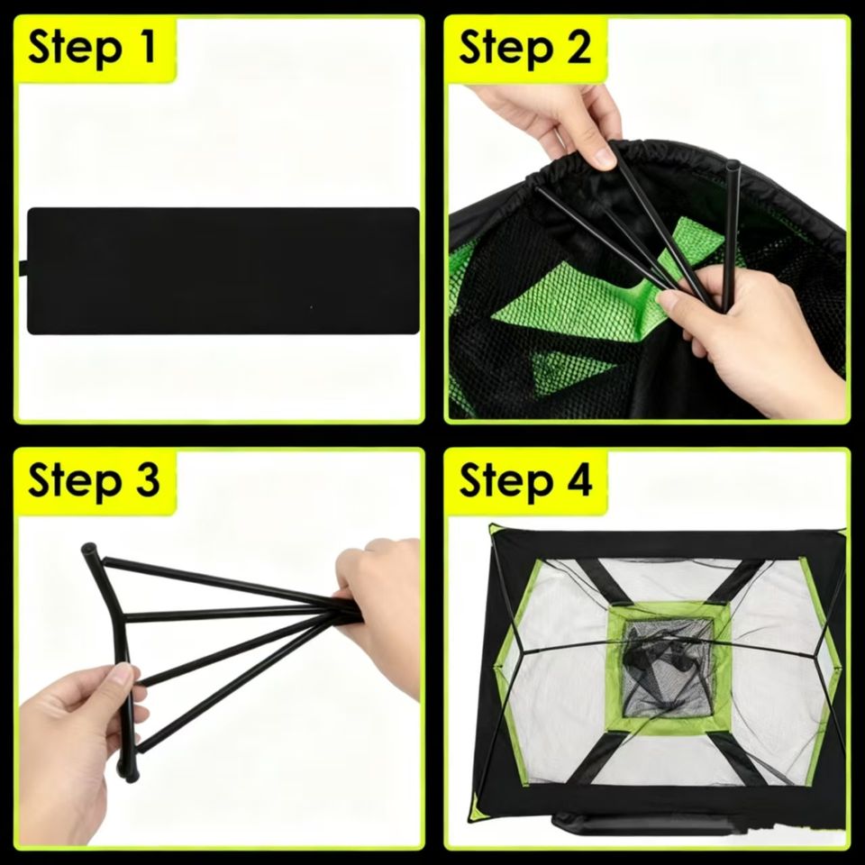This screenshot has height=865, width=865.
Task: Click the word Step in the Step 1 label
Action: coord(75,49)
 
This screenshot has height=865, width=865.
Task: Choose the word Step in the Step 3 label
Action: coord(75,482)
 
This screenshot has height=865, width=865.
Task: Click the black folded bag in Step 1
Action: coord(223,270)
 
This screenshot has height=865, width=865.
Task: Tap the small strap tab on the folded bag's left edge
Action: coord(23,269)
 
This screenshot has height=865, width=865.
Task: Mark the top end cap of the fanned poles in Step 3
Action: coord(88,550)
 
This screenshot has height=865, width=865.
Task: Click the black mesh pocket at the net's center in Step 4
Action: coord(669,668)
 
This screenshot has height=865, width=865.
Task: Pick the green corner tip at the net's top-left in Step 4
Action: coord(494,529)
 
